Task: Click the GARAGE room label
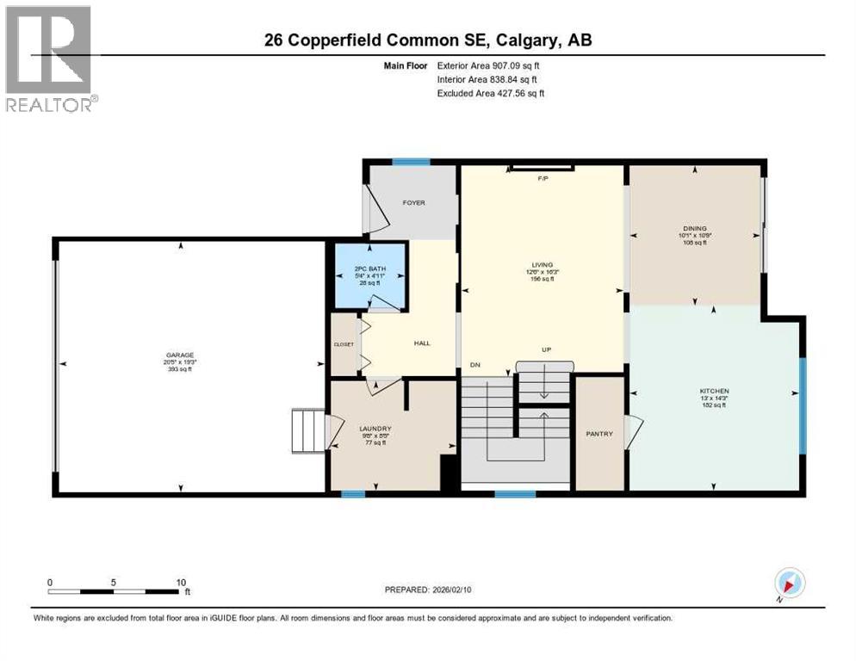[x=181, y=355]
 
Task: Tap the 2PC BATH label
[x=367, y=269]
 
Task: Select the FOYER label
[x=413, y=203]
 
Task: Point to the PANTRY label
[x=599, y=434]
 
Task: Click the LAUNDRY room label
[x=375, y=429]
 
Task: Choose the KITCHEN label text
[x=713, y=391]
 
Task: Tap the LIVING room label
[x=542, y=265]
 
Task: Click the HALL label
[x=422, y=343]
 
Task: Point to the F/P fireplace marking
[x=543, y=179]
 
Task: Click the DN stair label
[x=475, y=365]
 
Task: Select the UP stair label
[x=545, y=350]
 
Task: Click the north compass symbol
[x=789, y=584]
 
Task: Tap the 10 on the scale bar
[x=181, y=582]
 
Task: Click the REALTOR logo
[x=50, y=59]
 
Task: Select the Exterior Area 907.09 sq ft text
[x=489, y=65]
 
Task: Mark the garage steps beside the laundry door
[x=307, y=431]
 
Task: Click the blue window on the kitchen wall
[x=802, y=405]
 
